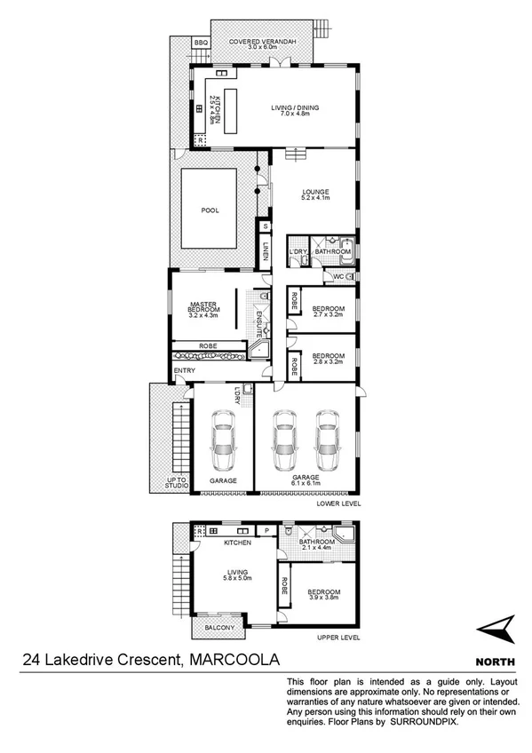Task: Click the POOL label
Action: (x=210, y=210)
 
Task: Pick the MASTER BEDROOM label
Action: (x=203, y=306)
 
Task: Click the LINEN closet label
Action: (x=265, y=251)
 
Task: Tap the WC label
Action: (x=338, y=277)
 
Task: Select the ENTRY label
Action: (x=185, y=370)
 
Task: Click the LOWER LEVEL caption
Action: (x=338, y=503)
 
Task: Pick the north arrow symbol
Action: (x=497, y=630)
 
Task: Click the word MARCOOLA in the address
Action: (x=233, y=659)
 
